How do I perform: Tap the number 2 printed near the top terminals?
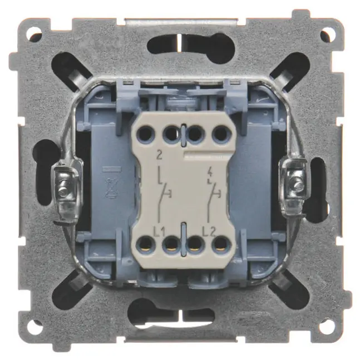pyautogui.click(x=159, y=155)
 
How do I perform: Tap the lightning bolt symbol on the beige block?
pyautogui.click(x=210, y=173)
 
